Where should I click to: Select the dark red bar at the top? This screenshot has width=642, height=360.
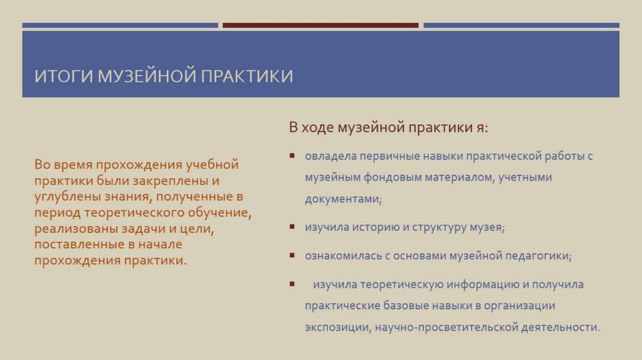[320, 26]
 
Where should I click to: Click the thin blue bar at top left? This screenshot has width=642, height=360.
[120, 26]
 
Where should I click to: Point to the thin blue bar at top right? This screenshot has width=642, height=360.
[521, 26]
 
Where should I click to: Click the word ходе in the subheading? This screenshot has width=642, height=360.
[318, 128]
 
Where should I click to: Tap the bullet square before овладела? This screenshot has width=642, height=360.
[292, 156]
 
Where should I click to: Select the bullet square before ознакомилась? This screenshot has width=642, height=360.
[292, 256]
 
